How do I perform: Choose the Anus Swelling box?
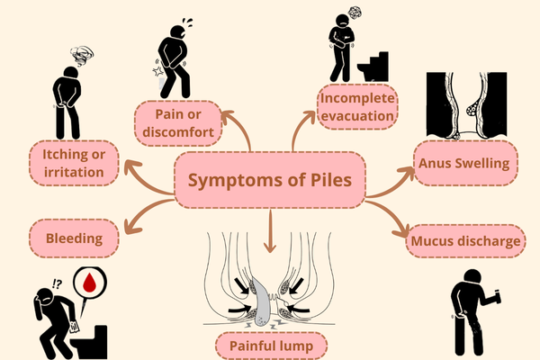click(x=464, y=164)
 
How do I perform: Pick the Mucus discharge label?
click(x=467, y=241)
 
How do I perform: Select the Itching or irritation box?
click(x=74, y=163)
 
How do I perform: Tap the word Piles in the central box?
click(x=333, y=180)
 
